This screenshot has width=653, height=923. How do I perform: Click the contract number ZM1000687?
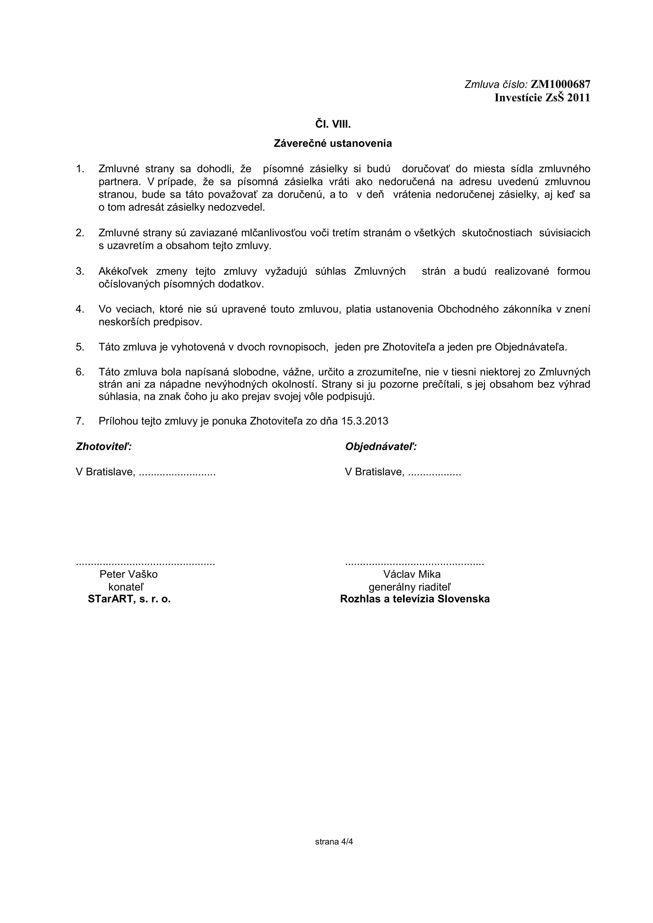tap(561, 84)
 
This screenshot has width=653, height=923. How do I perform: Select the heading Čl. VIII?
tap(333, 125)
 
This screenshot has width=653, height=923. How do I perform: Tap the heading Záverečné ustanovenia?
tap(333, 144)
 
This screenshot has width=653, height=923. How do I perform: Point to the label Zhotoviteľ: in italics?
tap(104, 447)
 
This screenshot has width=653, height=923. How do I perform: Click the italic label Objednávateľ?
tap(381, 447)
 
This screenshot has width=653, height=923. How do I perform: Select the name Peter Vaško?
tap(129, 574)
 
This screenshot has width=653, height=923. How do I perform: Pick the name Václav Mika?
tap(412, 574)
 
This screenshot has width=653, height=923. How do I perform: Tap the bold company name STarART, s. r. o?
tap(129, 599)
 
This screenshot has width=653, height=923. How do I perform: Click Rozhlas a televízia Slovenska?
tap(415, 599)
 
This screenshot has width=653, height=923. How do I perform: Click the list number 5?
tap(80, 347)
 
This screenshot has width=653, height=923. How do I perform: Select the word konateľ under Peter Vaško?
tap(126, 587)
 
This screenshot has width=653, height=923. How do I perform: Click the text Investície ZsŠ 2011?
tap(542, 98)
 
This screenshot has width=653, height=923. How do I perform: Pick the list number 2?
tap(80, 233)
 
